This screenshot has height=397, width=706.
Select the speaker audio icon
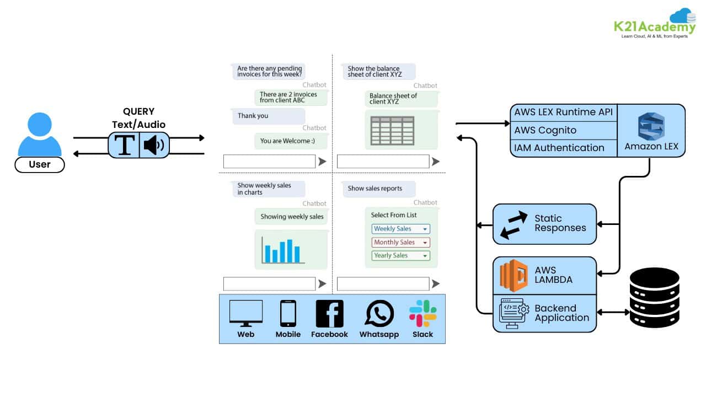click(x=154, y=145)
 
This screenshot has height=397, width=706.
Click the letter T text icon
click(x=125, y=145)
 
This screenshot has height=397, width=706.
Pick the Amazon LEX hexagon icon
click(x=651, y=126)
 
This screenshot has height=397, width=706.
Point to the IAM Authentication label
click(x=559, y=148)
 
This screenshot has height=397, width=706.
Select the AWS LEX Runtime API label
click(x=563, y=112)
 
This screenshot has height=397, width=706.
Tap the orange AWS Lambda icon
click(x=514, y=276)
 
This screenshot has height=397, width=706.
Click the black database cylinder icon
click(x=655, y=298)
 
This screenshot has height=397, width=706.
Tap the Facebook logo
click(x=329, y=314)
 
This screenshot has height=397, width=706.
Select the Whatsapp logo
click(x=379, y=314)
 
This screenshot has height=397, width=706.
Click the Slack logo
click(x=423, y=313)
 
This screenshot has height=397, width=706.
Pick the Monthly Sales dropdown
click(x=400, y=243)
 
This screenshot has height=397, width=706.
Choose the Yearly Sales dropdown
click(x=400, y=256)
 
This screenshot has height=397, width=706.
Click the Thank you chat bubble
click(x=268, y=116)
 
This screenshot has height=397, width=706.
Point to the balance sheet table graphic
click(x=392, y=130)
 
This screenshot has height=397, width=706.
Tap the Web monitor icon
click(x=246, y=314)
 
